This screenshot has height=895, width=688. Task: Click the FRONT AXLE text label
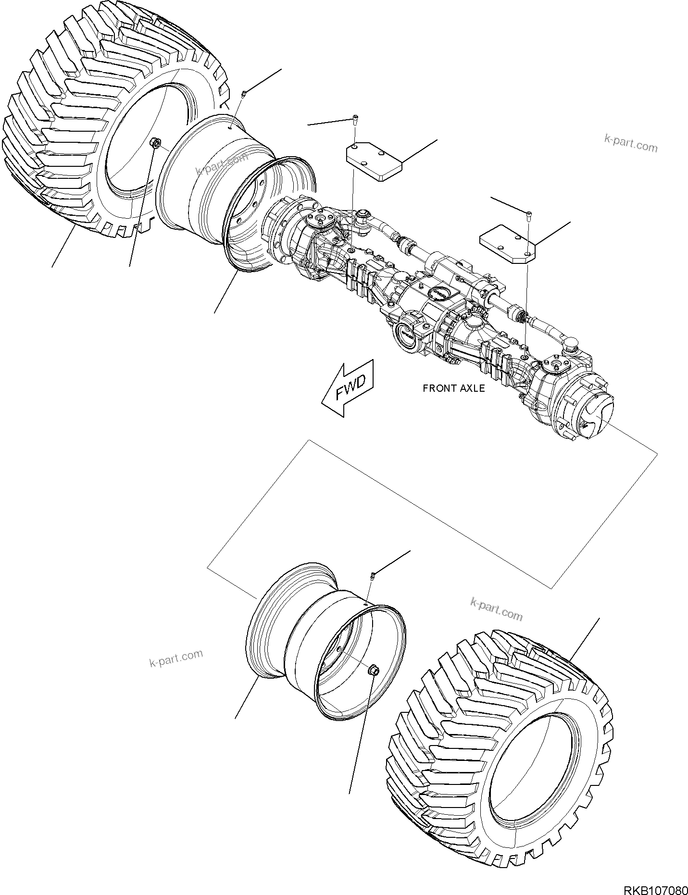click(453, 388)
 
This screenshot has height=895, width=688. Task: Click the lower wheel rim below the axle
click(308, 644)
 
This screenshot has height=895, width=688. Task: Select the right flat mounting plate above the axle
click(508, 245)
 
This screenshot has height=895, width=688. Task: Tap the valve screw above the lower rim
click(373, 575)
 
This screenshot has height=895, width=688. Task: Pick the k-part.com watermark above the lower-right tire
click(496, 609)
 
